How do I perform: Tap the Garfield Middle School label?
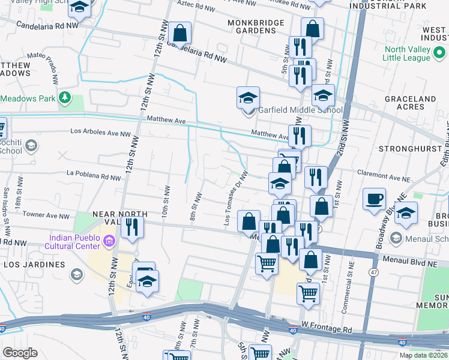point(300,110)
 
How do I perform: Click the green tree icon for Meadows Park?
point(64,98)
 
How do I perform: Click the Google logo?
point(20,353)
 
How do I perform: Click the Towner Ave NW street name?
point(46,215)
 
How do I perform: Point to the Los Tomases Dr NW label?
point(236,197)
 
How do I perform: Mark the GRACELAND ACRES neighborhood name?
point(410,103)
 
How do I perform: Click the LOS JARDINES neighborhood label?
point(34,264)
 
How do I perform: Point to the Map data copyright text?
point(423,355)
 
